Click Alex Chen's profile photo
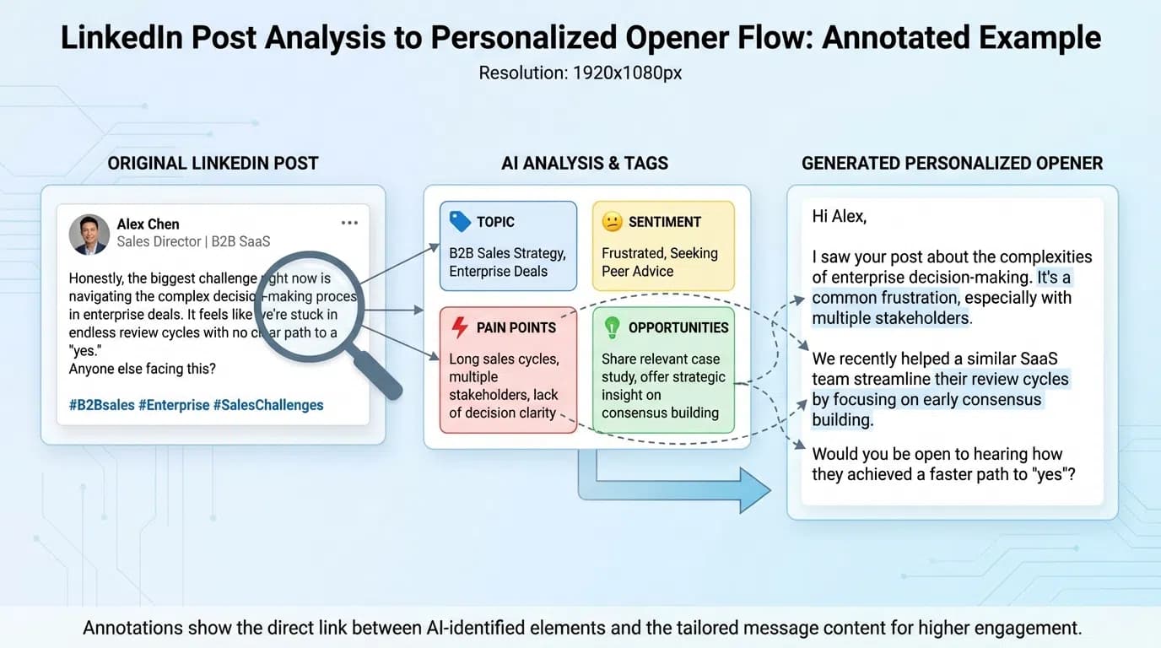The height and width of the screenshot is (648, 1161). (x=89, y=235)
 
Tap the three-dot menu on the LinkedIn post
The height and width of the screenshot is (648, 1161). (x=349, y=224)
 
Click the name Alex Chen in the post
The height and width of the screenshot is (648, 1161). (x=148, y=224)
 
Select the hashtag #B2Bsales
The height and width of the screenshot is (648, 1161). (x=102, y=405)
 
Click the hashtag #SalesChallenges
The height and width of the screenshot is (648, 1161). (x=268, y=405)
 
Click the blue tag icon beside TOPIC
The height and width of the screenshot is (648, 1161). (x=460, y=222)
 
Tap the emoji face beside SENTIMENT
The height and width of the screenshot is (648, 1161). (x=612, y=222)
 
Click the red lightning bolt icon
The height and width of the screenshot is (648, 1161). (x=460, y=327)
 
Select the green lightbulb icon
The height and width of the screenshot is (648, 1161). (x=612, y=327)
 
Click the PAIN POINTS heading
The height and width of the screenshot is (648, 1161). (x=516, y=327)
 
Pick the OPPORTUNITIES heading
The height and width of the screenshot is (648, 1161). (x=678, y=327)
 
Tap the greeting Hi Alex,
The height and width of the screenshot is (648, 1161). (x=839, y=216)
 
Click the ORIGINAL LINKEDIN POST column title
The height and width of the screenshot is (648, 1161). (x=213, y=164)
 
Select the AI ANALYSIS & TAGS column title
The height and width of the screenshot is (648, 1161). (x=585, y=164)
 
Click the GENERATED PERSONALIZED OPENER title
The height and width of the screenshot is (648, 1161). (x=952, y=164)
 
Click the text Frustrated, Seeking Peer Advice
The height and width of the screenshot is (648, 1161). (x=660, y=262)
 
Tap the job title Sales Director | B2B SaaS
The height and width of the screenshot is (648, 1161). (x=193, y=241)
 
